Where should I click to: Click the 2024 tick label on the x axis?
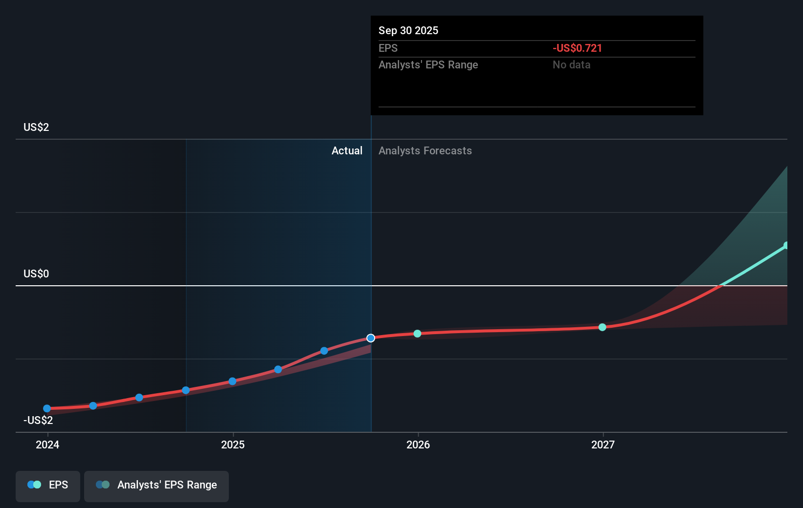pos(47,444)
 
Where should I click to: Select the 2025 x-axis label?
pos(233,444)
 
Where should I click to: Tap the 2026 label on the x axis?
pos(418,444)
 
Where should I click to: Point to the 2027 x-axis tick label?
pos(603,444)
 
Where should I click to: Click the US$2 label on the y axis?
pos(36,127)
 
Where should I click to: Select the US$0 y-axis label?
pos(36,274)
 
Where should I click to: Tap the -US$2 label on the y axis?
pos(38,420)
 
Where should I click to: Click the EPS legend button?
pos(48,485)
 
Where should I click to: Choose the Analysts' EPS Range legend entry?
pos(156,485)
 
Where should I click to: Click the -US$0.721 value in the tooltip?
pos(577,48)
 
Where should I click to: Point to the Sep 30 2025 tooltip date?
pos(408,30)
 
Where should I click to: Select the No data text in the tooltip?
pos(571,64)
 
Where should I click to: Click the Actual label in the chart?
pos(347,150)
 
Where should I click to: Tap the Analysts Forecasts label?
pos(425,150)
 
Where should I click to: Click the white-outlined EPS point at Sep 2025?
pos(371,338)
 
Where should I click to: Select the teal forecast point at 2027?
pos(602,327)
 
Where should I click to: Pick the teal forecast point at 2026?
pos(417,334)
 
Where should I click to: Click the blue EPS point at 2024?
pos(47,408)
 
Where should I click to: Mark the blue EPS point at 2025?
pos(232,381)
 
